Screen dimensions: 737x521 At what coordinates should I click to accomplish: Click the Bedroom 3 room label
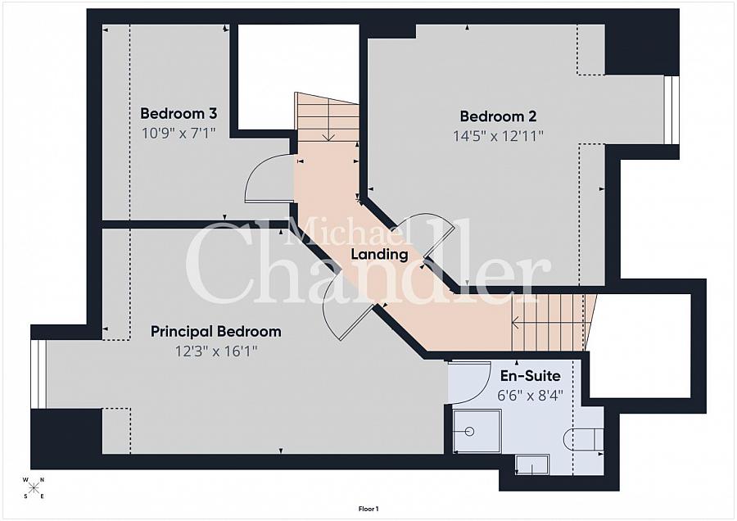coord(179,113)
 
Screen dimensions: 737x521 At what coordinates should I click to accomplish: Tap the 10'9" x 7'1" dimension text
coord(179,133)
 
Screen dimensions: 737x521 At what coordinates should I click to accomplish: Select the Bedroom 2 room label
coord(498,116)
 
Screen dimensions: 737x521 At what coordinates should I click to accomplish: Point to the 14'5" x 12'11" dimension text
coord(498,136)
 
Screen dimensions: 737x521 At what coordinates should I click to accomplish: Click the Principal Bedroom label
coord(215,332)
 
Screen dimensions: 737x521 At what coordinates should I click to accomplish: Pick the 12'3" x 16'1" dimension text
coord(215,351)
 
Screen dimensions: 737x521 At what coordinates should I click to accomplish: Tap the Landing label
coord(380,255)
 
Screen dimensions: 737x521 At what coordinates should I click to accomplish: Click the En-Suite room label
coord(530,376)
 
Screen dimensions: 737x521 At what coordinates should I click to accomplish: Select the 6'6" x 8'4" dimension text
coord(530,396)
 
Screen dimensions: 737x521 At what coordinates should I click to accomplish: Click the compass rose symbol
coord(34,487)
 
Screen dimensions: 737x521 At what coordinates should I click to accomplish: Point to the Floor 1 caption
coord(368,509)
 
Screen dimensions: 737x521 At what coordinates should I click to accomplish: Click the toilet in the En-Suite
coord(583,439)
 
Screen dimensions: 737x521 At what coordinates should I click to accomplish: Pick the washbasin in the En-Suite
coord(532,464)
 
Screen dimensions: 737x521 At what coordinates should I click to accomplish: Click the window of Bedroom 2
coord(671,110)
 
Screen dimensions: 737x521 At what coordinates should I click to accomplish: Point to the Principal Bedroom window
coord(38,374)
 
